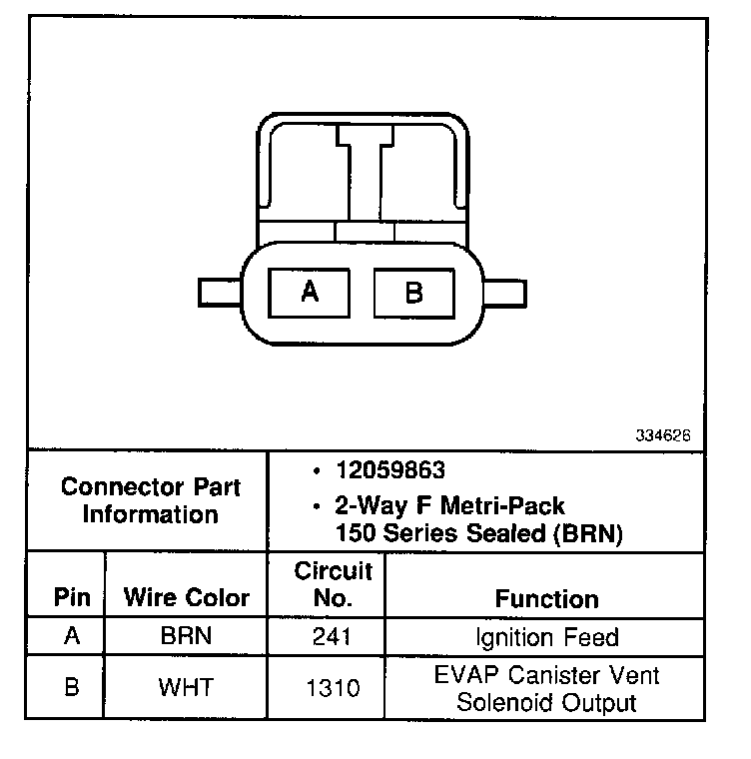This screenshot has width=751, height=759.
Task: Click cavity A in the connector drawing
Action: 310,293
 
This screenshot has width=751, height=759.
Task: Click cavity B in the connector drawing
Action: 413,294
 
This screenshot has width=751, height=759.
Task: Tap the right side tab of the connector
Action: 504,294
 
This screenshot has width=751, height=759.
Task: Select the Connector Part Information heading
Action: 150,501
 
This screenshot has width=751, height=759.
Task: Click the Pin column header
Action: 72,598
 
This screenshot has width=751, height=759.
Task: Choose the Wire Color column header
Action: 187,598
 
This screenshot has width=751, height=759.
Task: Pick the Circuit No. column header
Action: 333,584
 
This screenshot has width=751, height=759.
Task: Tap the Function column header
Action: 546,598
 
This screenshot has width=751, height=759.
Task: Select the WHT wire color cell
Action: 186,688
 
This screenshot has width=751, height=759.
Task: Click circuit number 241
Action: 333,637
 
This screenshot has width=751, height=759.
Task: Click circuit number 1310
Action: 333,688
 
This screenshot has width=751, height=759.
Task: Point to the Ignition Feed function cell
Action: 546,637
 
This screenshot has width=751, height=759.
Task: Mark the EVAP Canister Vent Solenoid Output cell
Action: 546,688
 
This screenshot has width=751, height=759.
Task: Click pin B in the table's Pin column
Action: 72,688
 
